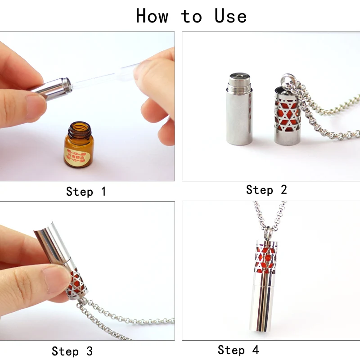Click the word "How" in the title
(152, 16)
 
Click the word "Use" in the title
(230, 16)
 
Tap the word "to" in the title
(192, 17)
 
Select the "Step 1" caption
(86, 192)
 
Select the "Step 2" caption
(266, 190)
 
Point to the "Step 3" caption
(72, 351)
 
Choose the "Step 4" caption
(238, 350)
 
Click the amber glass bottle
(78, 146)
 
